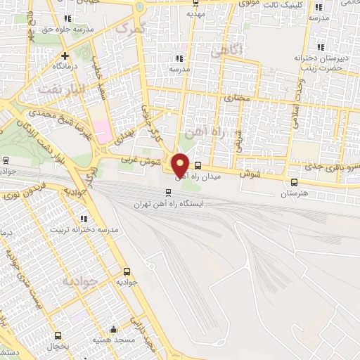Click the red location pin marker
tap(180, 165)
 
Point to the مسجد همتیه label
tap(114, 340)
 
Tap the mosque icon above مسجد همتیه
tap(114, 328)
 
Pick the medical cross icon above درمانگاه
tap(65, 55)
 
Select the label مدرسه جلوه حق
tap(66, 30)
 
